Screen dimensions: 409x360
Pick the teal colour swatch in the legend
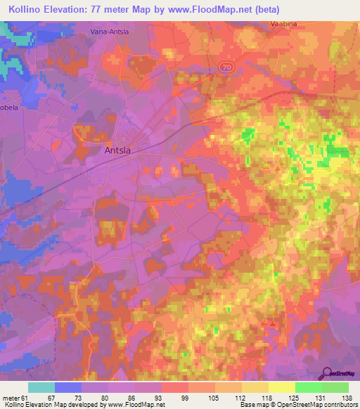41,387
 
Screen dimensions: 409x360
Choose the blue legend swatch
68,387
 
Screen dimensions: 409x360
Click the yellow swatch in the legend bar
282,387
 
